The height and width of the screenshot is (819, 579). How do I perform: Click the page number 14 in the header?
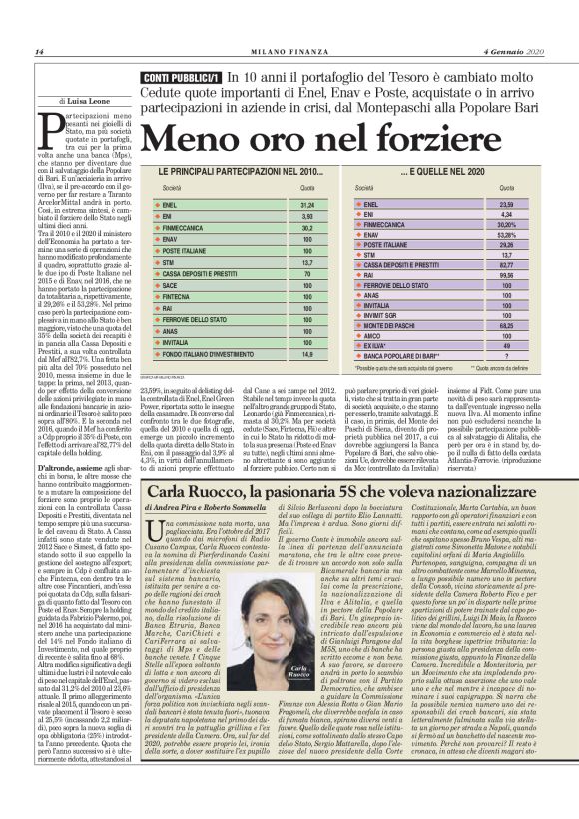coord(38,52)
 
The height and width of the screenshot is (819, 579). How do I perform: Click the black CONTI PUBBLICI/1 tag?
coord(180,78)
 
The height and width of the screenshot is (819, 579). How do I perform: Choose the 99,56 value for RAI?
coord(505,273)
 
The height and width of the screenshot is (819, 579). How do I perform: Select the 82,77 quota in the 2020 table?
coord(505,264)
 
